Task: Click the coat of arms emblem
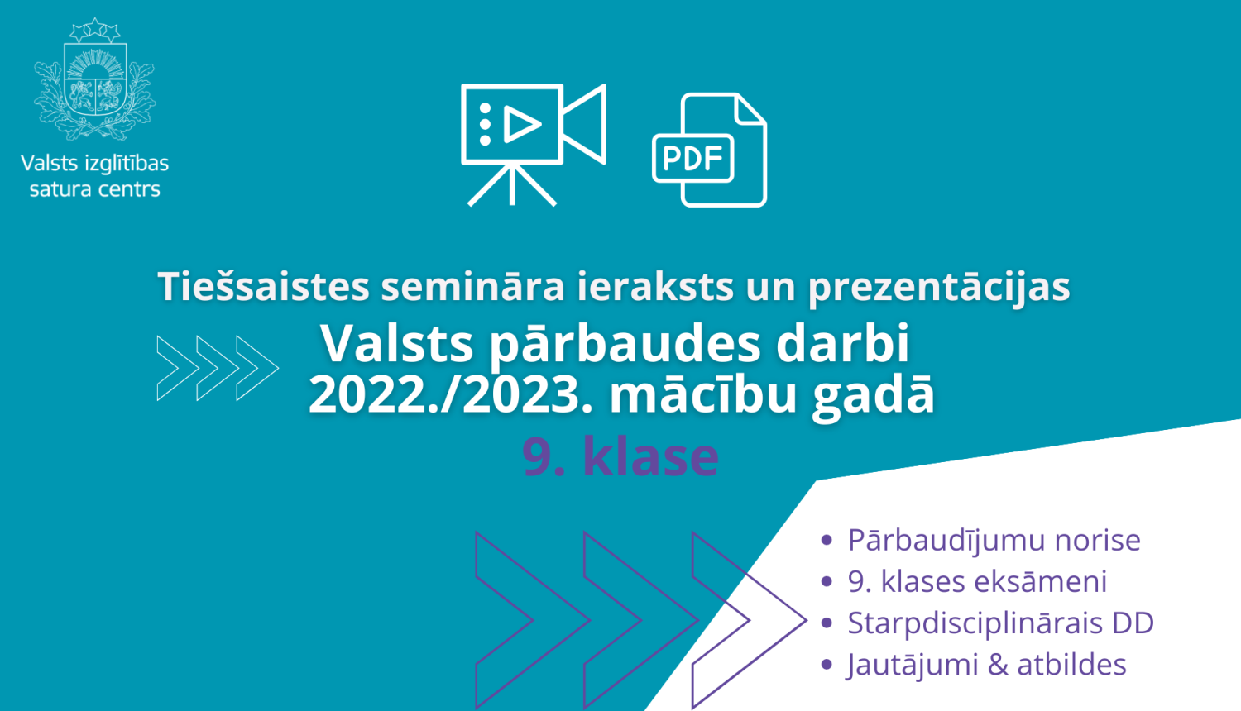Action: coord(94,81)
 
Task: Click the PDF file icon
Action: coord(710,150)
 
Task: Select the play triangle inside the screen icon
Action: coord(520,125)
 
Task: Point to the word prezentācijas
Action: coord(938,287)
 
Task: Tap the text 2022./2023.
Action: coord(451,395)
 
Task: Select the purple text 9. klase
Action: coord(620,456)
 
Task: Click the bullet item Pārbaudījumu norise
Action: coord(994,540)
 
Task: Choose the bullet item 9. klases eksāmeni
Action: coord(977,581)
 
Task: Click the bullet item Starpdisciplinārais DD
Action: coord(1000,623)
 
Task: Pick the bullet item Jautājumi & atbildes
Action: coord(986,665)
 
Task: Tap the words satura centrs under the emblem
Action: coord(94,189)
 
